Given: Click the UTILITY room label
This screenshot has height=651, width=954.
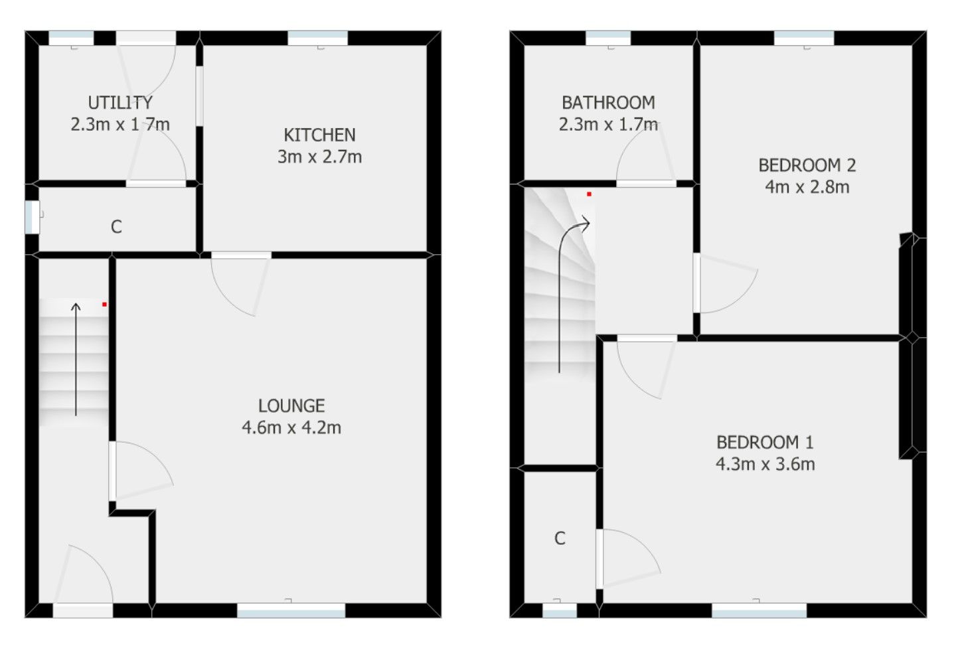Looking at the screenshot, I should [x=120, y=103].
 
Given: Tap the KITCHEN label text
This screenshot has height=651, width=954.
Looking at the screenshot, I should [x=319, y=135].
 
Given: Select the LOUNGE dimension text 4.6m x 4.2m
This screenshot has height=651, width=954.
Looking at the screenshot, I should [x=291, y=427].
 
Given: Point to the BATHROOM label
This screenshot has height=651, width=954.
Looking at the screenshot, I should [x=608, y=103].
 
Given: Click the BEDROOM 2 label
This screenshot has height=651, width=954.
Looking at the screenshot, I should [x=807, y=165].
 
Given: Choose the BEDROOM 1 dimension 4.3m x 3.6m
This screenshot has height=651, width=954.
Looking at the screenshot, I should [x=765, y=464].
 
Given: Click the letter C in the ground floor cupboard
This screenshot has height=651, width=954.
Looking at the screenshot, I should [x=116, y=227].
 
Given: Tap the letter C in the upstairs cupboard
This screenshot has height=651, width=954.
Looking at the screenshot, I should [x=560, y=538].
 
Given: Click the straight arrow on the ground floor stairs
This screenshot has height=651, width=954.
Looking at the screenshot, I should [x=76, y=358].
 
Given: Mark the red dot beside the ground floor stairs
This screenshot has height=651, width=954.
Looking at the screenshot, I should [x=104, y=305].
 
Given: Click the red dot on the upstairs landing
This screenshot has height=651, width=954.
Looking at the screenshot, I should [x=589, y=194].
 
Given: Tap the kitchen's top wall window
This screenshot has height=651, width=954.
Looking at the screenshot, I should [x=317, y=38].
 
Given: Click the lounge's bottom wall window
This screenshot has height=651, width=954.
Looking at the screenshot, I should [x=291, y=611].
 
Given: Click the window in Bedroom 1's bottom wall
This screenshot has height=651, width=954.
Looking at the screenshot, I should [x=759, y=611].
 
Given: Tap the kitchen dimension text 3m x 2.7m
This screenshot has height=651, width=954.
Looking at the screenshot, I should [x=319, y=157].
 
